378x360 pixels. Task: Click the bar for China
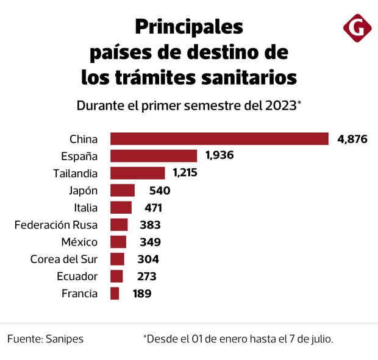point(219,139)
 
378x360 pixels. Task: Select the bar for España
point(154,156)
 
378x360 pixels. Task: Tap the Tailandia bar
point(138,173)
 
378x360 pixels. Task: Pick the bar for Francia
point(115,294)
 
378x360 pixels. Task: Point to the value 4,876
point(352,139)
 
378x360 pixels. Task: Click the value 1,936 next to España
point(220,156)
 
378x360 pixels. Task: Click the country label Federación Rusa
point(55,225)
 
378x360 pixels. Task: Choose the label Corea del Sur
point(63,259)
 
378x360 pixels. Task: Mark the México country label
point(79,242)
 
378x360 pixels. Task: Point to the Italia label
point(85,208)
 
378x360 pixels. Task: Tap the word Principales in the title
point(188,27)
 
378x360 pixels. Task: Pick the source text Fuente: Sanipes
point(46,339)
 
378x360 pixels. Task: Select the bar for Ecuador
point(116,277)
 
